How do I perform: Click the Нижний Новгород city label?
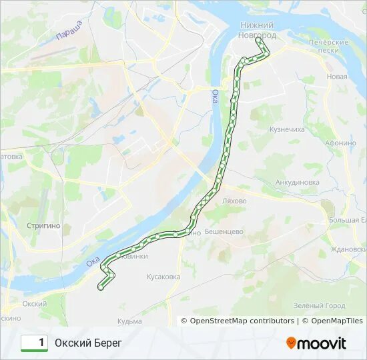pos(258,29)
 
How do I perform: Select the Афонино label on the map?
pos(340,143)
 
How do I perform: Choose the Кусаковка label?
pos(163,276)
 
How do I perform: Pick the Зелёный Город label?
pos(319,306)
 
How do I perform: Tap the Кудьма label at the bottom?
pos(129,321)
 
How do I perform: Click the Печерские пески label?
pos(328,46)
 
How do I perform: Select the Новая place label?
pos(337,77)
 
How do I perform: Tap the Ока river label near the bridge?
pos(215,97)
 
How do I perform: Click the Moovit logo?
pos(316,343)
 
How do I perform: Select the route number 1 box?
pos(34,343)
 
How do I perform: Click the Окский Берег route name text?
pos(89,343)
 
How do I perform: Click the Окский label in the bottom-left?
pos(34,303)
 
